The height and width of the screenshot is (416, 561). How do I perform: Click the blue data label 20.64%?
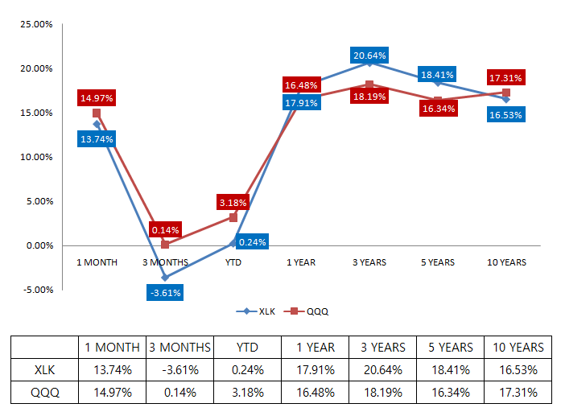point(369,56)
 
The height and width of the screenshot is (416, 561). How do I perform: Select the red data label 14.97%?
point(96,98)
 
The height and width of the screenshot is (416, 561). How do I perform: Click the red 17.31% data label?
point(506,78)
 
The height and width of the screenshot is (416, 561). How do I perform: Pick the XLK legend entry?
point(254,311)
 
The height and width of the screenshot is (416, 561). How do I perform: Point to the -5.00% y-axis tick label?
point(35,290)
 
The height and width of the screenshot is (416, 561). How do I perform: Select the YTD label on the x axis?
point(233,262)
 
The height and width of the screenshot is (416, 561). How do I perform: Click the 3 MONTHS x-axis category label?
point(165,262)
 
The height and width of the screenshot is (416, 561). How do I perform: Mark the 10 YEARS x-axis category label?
point(506,262)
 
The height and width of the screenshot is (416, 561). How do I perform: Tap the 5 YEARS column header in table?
point(450,348)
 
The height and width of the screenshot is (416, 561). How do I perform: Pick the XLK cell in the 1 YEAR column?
point(315,371)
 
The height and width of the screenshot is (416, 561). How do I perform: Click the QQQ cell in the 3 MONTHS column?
point(179,394)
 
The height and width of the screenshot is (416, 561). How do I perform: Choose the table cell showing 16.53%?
point(518,371)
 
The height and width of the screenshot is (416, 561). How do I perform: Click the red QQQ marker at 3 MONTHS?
point(165,244)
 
